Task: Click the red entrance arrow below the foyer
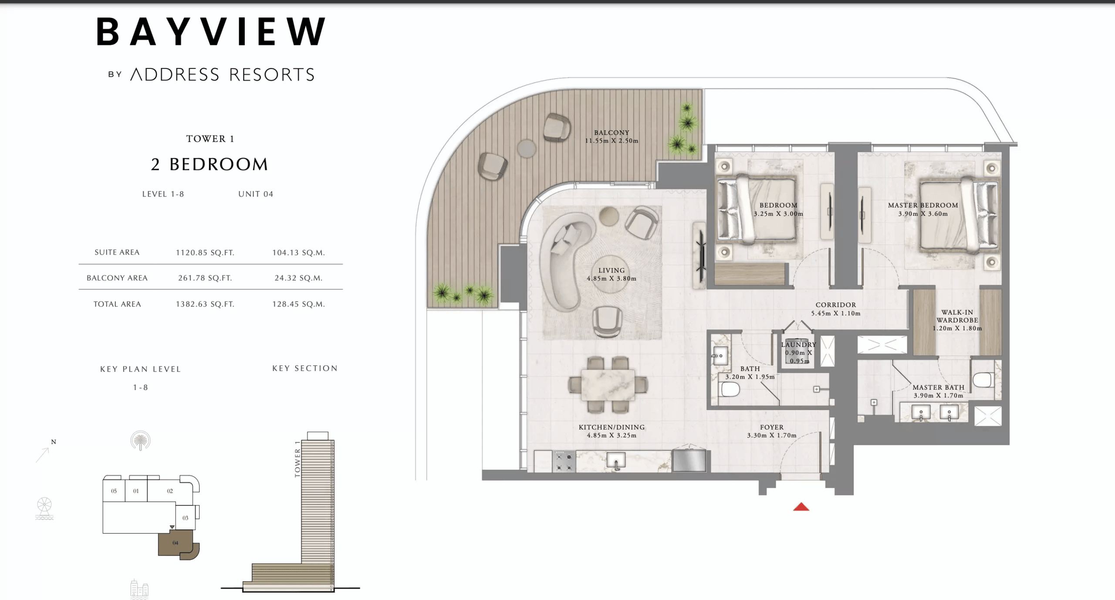click(x=801, y=507)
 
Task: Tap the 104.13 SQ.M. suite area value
click(x=298, y=253)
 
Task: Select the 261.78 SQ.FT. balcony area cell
click(x=205, y=278)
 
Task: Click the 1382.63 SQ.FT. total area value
click(x=205, y=304)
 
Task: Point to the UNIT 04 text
click(x=256, y=194)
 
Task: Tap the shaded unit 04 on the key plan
click(x=175, y=543)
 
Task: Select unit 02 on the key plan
click(x=170, y=491)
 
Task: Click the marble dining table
click(x=608, y=385)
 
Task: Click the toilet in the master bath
click(x=983, y=380)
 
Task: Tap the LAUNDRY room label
click(x=798, y=345)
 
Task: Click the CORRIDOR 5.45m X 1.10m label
click(x=835, y=309)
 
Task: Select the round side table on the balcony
click(x=526, y=149)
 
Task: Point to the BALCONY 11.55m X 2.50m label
click(x=612, y=136)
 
